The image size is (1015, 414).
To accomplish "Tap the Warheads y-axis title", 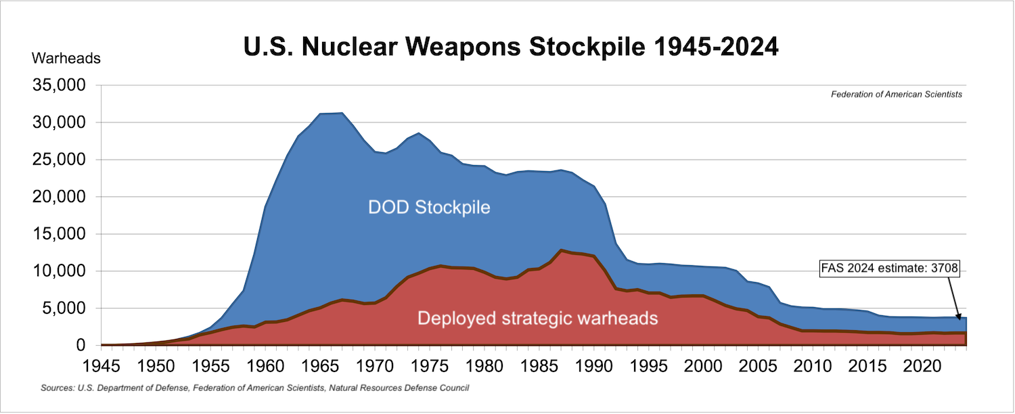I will (66, 58).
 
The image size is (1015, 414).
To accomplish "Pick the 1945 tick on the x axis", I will (100, 365).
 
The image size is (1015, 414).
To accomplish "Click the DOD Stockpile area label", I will (429, 207).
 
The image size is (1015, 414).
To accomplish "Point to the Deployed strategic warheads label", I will (537, 317).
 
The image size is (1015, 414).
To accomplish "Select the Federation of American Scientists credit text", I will (896, 95).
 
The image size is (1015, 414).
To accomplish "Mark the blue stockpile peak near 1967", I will (342, 113).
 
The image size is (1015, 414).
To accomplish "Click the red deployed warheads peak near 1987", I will (561, 250).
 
